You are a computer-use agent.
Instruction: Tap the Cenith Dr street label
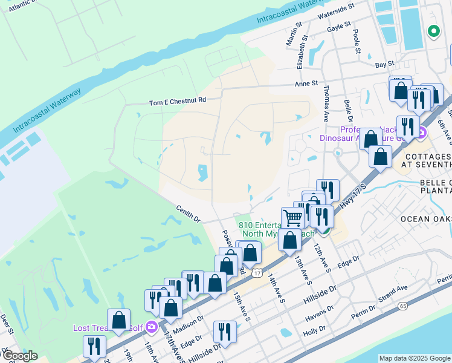pyautogui.click(x=187, y=214)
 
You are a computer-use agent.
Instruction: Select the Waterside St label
pyautogui.click(x=335, y=8)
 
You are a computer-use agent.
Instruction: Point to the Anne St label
pyautogui.click(x=306, y=83)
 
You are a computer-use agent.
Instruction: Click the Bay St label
pyautogui.click(x=384, y=64)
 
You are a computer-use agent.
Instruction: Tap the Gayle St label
pyautogui.click(x=338, y=26)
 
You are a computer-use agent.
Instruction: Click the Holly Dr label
pyautogui.click(x=315, y=332)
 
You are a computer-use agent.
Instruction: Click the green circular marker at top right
pyautogui.click(x=433, y=31)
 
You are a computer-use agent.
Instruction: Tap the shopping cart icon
pyautogui.click(x=292, y=217)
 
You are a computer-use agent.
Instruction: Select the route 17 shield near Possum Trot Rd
pyautogui.click(x=257, y=273)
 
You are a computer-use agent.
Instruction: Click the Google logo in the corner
pyautogui.click(x=19, y=355)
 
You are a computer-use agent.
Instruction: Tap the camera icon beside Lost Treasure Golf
pyautogui.click(x=151, y=327)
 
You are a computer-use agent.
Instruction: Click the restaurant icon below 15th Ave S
pyautogui.click(x=225, y=331)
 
